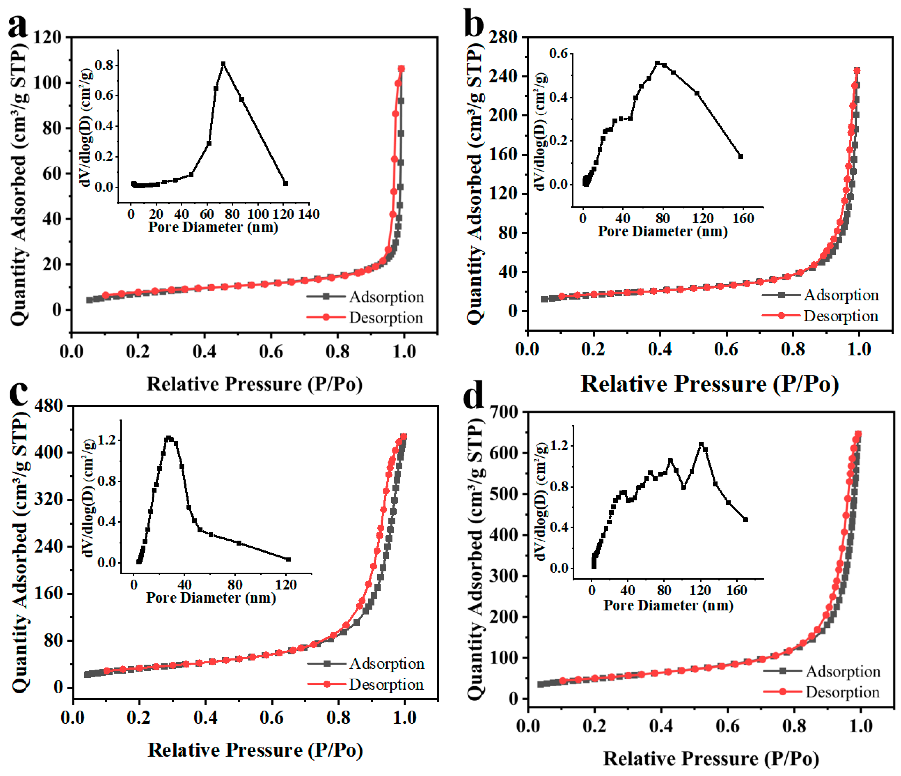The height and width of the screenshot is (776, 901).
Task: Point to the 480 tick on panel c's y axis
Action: [48, 406]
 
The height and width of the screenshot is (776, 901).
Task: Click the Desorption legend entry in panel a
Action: [386, 318]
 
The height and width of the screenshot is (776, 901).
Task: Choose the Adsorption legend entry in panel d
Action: [843, 672]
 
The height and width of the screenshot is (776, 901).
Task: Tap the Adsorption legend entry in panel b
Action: [841, 295]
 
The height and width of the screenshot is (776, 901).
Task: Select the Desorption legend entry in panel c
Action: [386, 685]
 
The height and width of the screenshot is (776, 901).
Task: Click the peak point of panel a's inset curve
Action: [224, 64]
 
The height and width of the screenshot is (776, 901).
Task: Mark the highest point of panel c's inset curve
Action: [169, 438]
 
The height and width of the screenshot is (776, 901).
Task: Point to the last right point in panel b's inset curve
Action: [741, 156]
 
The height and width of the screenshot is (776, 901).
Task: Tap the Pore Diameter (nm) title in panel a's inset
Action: [213, 227]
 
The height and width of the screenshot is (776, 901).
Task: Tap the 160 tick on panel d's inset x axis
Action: [737, 591]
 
